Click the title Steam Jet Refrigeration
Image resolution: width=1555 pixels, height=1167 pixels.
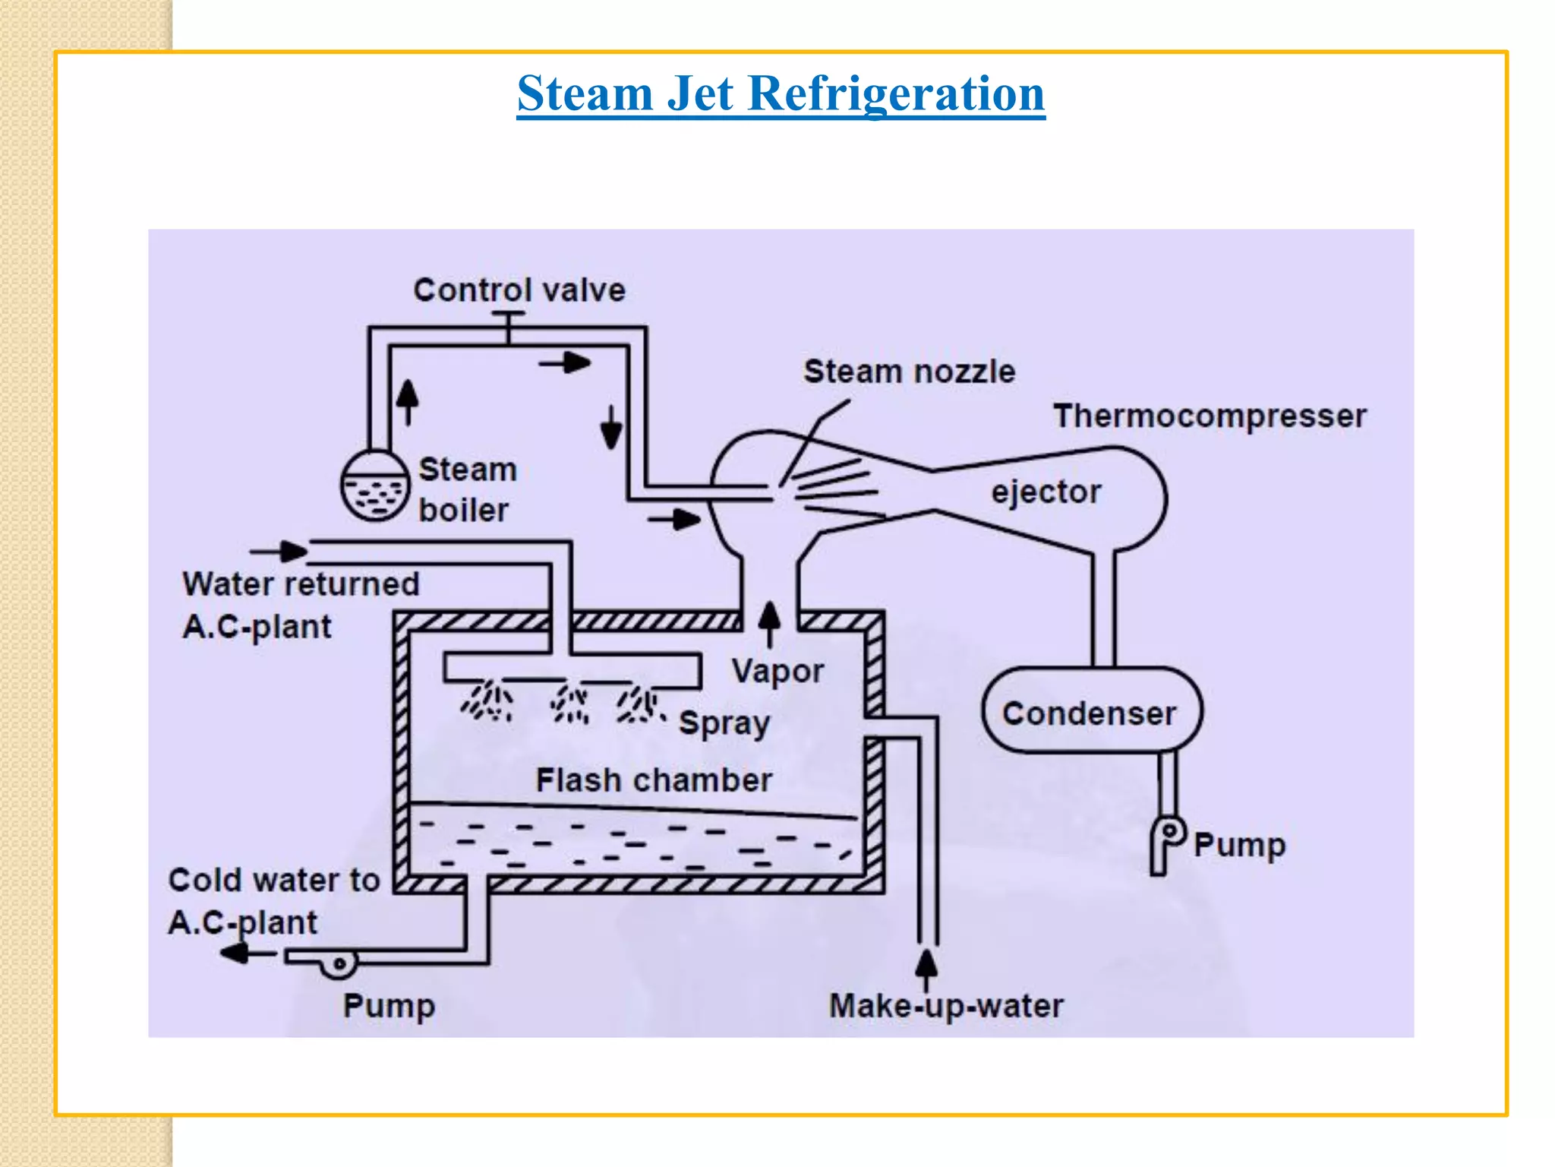click(781, 94)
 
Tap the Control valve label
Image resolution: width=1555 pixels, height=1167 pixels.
click(519, 290)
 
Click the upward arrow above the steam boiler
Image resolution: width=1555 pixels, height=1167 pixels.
click(408, 401)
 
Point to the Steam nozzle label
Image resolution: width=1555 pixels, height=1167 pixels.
click(909, 372)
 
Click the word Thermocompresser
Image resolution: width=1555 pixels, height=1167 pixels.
click(1210, 416)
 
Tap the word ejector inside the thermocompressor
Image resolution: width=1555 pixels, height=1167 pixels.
click(1046, 492)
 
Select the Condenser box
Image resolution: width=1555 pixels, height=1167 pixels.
click(1091, 711)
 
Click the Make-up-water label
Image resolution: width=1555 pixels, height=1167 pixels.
click(946, 1006)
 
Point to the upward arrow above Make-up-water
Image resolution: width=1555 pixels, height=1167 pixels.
click(926, 967)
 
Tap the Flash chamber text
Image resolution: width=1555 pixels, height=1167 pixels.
click(654, 780)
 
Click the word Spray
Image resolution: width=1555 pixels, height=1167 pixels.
click(724, 723)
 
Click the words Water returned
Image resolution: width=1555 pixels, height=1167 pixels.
click(301, 584)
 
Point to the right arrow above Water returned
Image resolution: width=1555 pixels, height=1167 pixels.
click(279, 551)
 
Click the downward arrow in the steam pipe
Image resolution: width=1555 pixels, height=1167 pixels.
click(611, 427)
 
